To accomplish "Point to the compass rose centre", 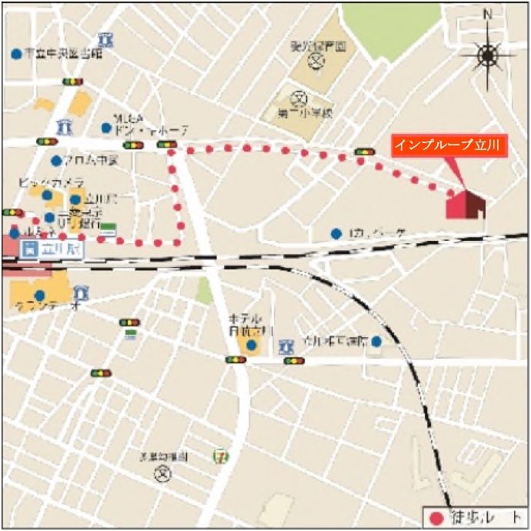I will [x=487, y=55].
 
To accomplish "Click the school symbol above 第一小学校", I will [x=299, y=99].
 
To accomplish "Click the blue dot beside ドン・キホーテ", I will [x=106, y=128].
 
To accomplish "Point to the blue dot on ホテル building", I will [x=252, y=344].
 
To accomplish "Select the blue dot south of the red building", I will [x=336, y=233].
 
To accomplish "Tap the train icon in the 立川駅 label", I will [x=30, y=249].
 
